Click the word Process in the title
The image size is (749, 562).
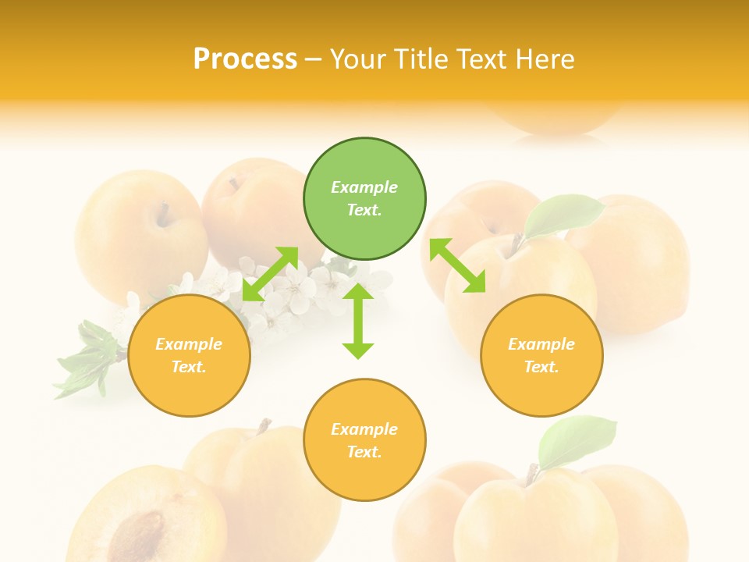[245, 59]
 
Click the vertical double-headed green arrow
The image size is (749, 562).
[358, 322]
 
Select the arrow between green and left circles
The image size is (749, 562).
[271, 273]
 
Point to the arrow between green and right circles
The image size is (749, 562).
[457, 265]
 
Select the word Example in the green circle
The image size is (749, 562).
[364, 187]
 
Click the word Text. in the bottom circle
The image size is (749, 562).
[364, 452]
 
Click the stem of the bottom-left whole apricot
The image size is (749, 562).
[264, 426]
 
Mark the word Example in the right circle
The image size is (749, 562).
[541, 344]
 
